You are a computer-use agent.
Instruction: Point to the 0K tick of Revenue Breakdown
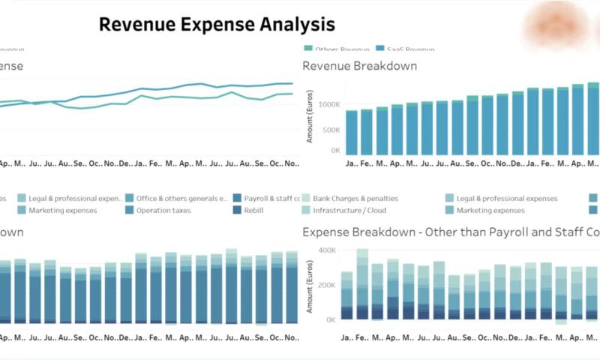pos(334,151)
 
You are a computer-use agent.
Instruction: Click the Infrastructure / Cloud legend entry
pos(349,211)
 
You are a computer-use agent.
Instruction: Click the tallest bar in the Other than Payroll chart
pos(362,285)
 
